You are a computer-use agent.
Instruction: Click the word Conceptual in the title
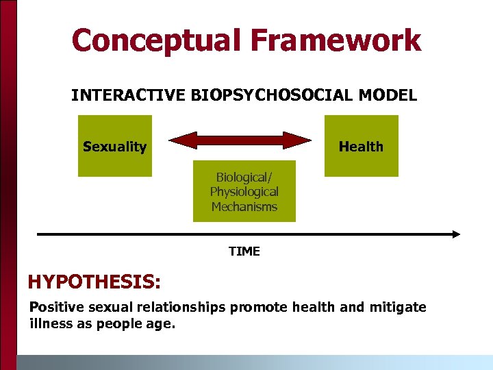(157, 40)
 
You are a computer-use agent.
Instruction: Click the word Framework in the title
(336, 40)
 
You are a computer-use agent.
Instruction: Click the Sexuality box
(114, 146)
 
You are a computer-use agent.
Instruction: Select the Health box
(361, 146)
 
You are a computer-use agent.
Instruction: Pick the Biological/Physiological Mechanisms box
(244, 191)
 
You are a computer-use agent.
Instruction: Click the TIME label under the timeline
(244, 251)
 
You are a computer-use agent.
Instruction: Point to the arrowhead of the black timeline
(455, 234)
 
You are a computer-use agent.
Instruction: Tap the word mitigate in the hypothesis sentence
(398, 307)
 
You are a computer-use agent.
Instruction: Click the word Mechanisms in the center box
(244, 206)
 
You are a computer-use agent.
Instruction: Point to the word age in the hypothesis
(161, 324)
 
